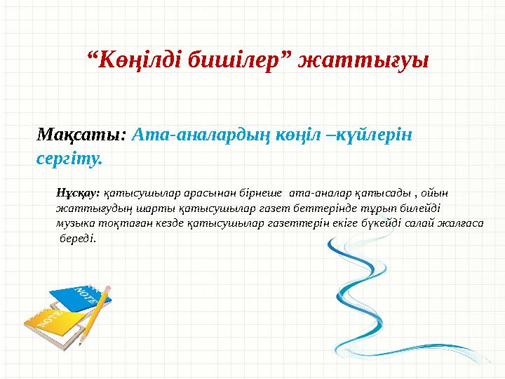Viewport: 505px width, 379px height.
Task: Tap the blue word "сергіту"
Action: [67, 158]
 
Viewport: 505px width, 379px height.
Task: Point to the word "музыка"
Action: [75, 223]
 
